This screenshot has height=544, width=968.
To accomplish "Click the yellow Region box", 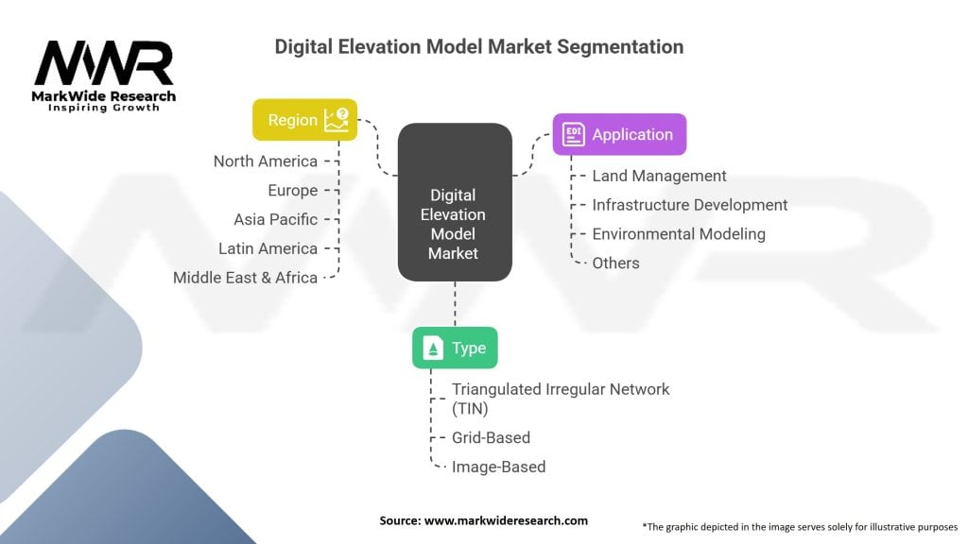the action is tap(305, 120).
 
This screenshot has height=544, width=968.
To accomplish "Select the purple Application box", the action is tap(619, 134).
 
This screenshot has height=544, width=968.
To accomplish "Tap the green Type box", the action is tap(455, 348).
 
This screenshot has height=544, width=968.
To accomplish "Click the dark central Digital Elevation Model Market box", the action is tap(455, 202).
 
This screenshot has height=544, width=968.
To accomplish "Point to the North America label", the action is tap(266, 161).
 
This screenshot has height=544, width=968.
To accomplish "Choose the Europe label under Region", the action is tap(293, 191).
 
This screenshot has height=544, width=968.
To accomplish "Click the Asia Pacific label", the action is tap(275, 219).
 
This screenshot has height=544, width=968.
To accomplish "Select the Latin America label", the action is tap(268, 248).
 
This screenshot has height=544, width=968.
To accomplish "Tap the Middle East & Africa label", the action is tap(245, 278).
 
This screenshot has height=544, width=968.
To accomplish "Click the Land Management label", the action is tap(659, 176).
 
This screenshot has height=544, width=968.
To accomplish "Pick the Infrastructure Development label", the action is tap(689, 205).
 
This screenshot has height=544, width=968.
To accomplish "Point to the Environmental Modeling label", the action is tap(679, 234).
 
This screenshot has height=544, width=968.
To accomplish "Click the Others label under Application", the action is tap(615, 263).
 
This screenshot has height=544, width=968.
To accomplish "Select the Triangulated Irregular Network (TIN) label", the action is tap(561, 399).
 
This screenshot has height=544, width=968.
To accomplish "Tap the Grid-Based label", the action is tap(491, 438).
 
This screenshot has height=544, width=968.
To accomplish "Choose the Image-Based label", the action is tap(499, 467).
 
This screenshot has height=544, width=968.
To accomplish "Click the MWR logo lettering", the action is tap(104, 63).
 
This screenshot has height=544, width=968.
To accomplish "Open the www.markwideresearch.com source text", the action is tap(506, 520).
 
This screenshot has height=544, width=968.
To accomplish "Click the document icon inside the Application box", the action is tap(573, 134).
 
